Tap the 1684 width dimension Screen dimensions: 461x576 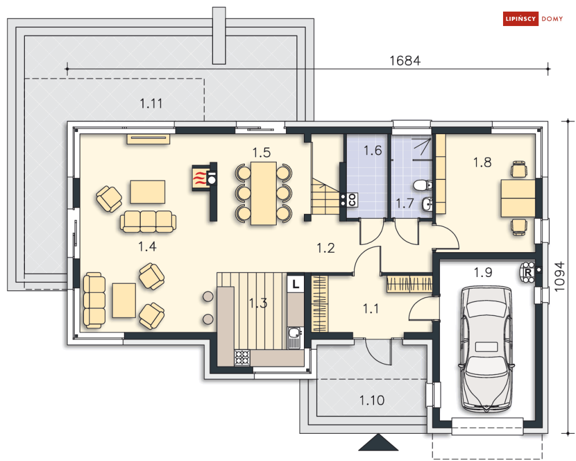click(405, 61)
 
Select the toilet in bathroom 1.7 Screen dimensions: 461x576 click(423, 185)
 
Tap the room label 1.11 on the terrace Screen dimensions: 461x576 click(151, 104)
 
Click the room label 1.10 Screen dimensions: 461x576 click(370, 400)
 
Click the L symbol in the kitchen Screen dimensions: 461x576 click(296, 284)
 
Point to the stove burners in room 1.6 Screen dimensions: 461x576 click(351, 200)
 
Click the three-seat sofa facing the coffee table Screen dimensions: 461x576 click(148, 222)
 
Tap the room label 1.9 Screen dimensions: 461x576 click(483, 272)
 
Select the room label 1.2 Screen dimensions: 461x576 click(325, 248)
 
